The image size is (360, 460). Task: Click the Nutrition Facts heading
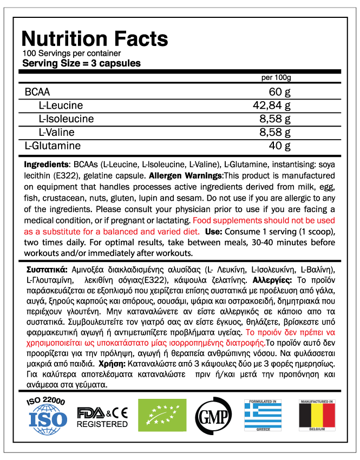pyautogui.click(x=95, y=39)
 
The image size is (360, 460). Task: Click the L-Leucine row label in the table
pyautogui.click(x=61, y=105)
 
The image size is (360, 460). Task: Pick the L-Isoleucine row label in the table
pyautogui.click(x=66, y=119)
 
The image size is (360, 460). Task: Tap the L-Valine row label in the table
pyautogui.click(x=56, y=132)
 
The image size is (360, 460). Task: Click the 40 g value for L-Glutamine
pyautogui.click(x=280, y=146)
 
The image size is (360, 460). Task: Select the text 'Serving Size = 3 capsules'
pyautogui.click(x=81, y=63)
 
